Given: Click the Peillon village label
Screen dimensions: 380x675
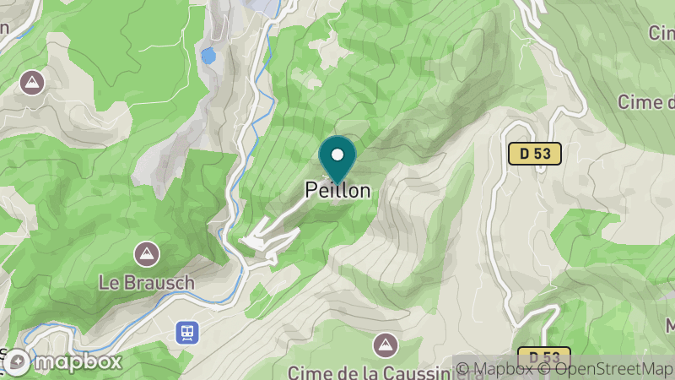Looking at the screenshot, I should point(337,191).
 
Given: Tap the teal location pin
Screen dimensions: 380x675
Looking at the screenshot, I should point(337,160).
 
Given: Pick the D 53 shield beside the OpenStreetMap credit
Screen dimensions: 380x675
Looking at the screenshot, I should point(544,357).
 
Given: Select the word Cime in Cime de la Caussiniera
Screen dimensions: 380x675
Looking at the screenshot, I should point(305,372).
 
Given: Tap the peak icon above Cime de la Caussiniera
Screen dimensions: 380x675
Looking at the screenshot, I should point(385,344).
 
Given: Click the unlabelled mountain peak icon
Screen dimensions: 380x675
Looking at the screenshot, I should point(32,83).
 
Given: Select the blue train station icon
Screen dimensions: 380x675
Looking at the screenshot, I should point(186,333).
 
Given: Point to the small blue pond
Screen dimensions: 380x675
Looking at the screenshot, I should point(208,57).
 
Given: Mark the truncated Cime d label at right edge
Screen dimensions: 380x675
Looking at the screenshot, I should point(645,102).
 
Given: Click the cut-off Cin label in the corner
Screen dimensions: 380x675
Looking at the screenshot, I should point(660,32).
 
